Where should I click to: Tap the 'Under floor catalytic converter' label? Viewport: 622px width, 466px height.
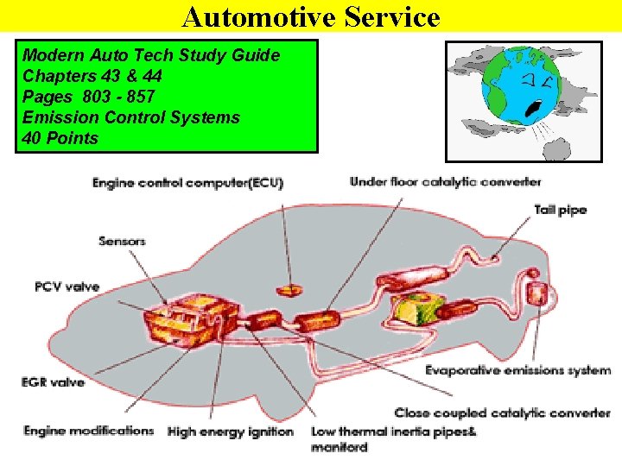[445, 182]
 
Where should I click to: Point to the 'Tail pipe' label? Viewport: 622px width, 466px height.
[560, 210]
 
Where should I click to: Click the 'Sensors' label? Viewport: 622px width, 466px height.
[122, 241]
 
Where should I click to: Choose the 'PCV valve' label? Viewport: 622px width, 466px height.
[67, 287]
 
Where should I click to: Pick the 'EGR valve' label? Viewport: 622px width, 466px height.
[54, 381]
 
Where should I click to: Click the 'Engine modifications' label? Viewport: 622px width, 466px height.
[88, 430]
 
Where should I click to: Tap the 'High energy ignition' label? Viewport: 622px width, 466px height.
[231, 431]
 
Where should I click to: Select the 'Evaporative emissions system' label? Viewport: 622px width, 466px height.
[517, 371]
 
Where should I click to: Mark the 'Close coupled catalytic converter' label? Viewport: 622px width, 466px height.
[502, 413]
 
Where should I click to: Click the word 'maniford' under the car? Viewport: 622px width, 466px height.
[339, 447]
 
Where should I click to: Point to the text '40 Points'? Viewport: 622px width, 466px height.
[60, 138]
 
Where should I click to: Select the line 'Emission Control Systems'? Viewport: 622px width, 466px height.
[131, 117]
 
